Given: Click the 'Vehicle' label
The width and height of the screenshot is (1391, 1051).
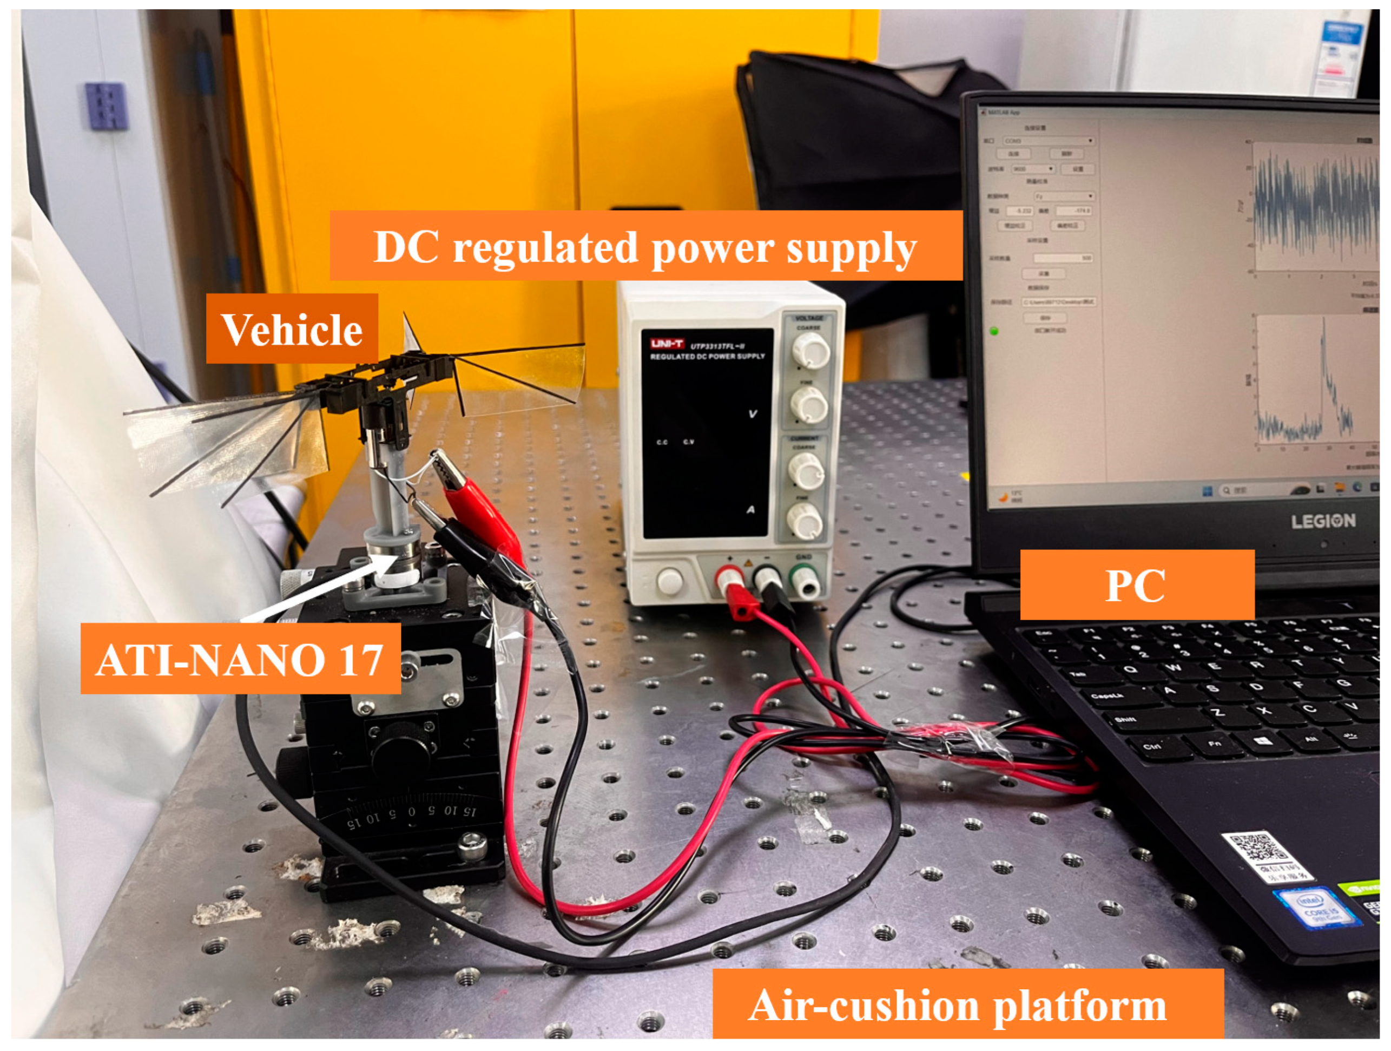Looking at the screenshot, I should click(292, 329).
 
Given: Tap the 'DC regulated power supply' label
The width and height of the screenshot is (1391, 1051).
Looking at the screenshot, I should click(646, 246).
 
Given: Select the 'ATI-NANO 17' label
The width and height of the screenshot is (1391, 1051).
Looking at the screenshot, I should click(240, 659).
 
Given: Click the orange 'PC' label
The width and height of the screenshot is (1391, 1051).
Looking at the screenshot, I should click(1136, 585).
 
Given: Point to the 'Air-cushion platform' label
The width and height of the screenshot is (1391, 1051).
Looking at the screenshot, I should click(968, 1004).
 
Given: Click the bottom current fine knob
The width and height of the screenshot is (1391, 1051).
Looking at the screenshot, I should click(805, 521).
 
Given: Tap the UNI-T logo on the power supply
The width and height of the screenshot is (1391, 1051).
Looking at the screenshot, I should click(667, 344).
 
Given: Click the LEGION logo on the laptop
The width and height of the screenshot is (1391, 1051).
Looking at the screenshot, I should click(1323, 521).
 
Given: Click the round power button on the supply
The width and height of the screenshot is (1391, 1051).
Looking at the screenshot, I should click(669, 581).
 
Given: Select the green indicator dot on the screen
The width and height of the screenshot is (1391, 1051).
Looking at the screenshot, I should click(994, 331).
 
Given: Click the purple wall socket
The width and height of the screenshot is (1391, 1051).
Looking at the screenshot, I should click(107, 106).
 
